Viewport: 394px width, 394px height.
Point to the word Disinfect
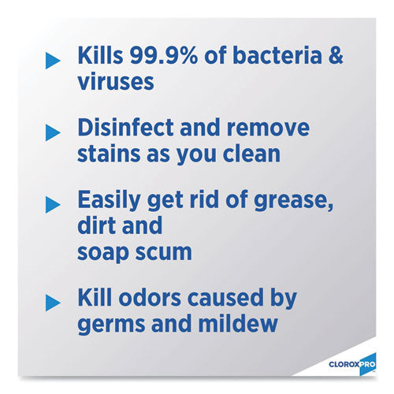point(130,129)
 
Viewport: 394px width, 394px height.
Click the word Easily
point(109,201)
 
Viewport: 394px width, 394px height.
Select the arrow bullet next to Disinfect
point(53,131)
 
